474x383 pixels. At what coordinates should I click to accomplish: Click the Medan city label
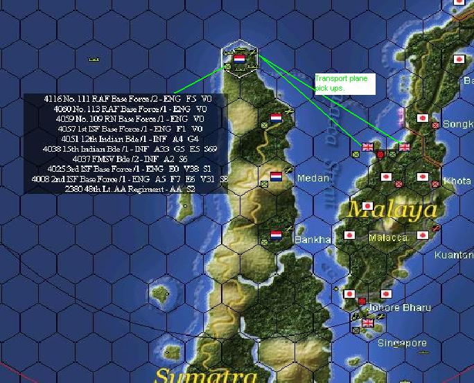313,178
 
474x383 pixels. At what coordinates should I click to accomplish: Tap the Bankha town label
313,240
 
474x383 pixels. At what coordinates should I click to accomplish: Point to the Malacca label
388,238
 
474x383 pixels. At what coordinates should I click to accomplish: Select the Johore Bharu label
401,308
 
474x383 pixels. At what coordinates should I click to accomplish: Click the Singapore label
402,344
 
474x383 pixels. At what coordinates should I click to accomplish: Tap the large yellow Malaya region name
393,209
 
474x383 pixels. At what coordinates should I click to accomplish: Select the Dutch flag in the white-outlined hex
239,60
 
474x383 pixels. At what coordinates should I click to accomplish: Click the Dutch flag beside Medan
276,177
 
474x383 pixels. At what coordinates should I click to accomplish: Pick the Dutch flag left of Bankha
276,235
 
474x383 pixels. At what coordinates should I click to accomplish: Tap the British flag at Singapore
368,323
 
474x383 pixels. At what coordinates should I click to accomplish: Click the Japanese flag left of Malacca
350,235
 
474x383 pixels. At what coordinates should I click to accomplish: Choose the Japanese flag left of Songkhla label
423,118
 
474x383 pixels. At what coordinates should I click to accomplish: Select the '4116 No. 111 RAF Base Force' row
128,99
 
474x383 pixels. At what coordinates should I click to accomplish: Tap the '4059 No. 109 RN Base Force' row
128,118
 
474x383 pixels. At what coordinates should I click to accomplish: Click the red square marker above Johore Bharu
362,301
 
